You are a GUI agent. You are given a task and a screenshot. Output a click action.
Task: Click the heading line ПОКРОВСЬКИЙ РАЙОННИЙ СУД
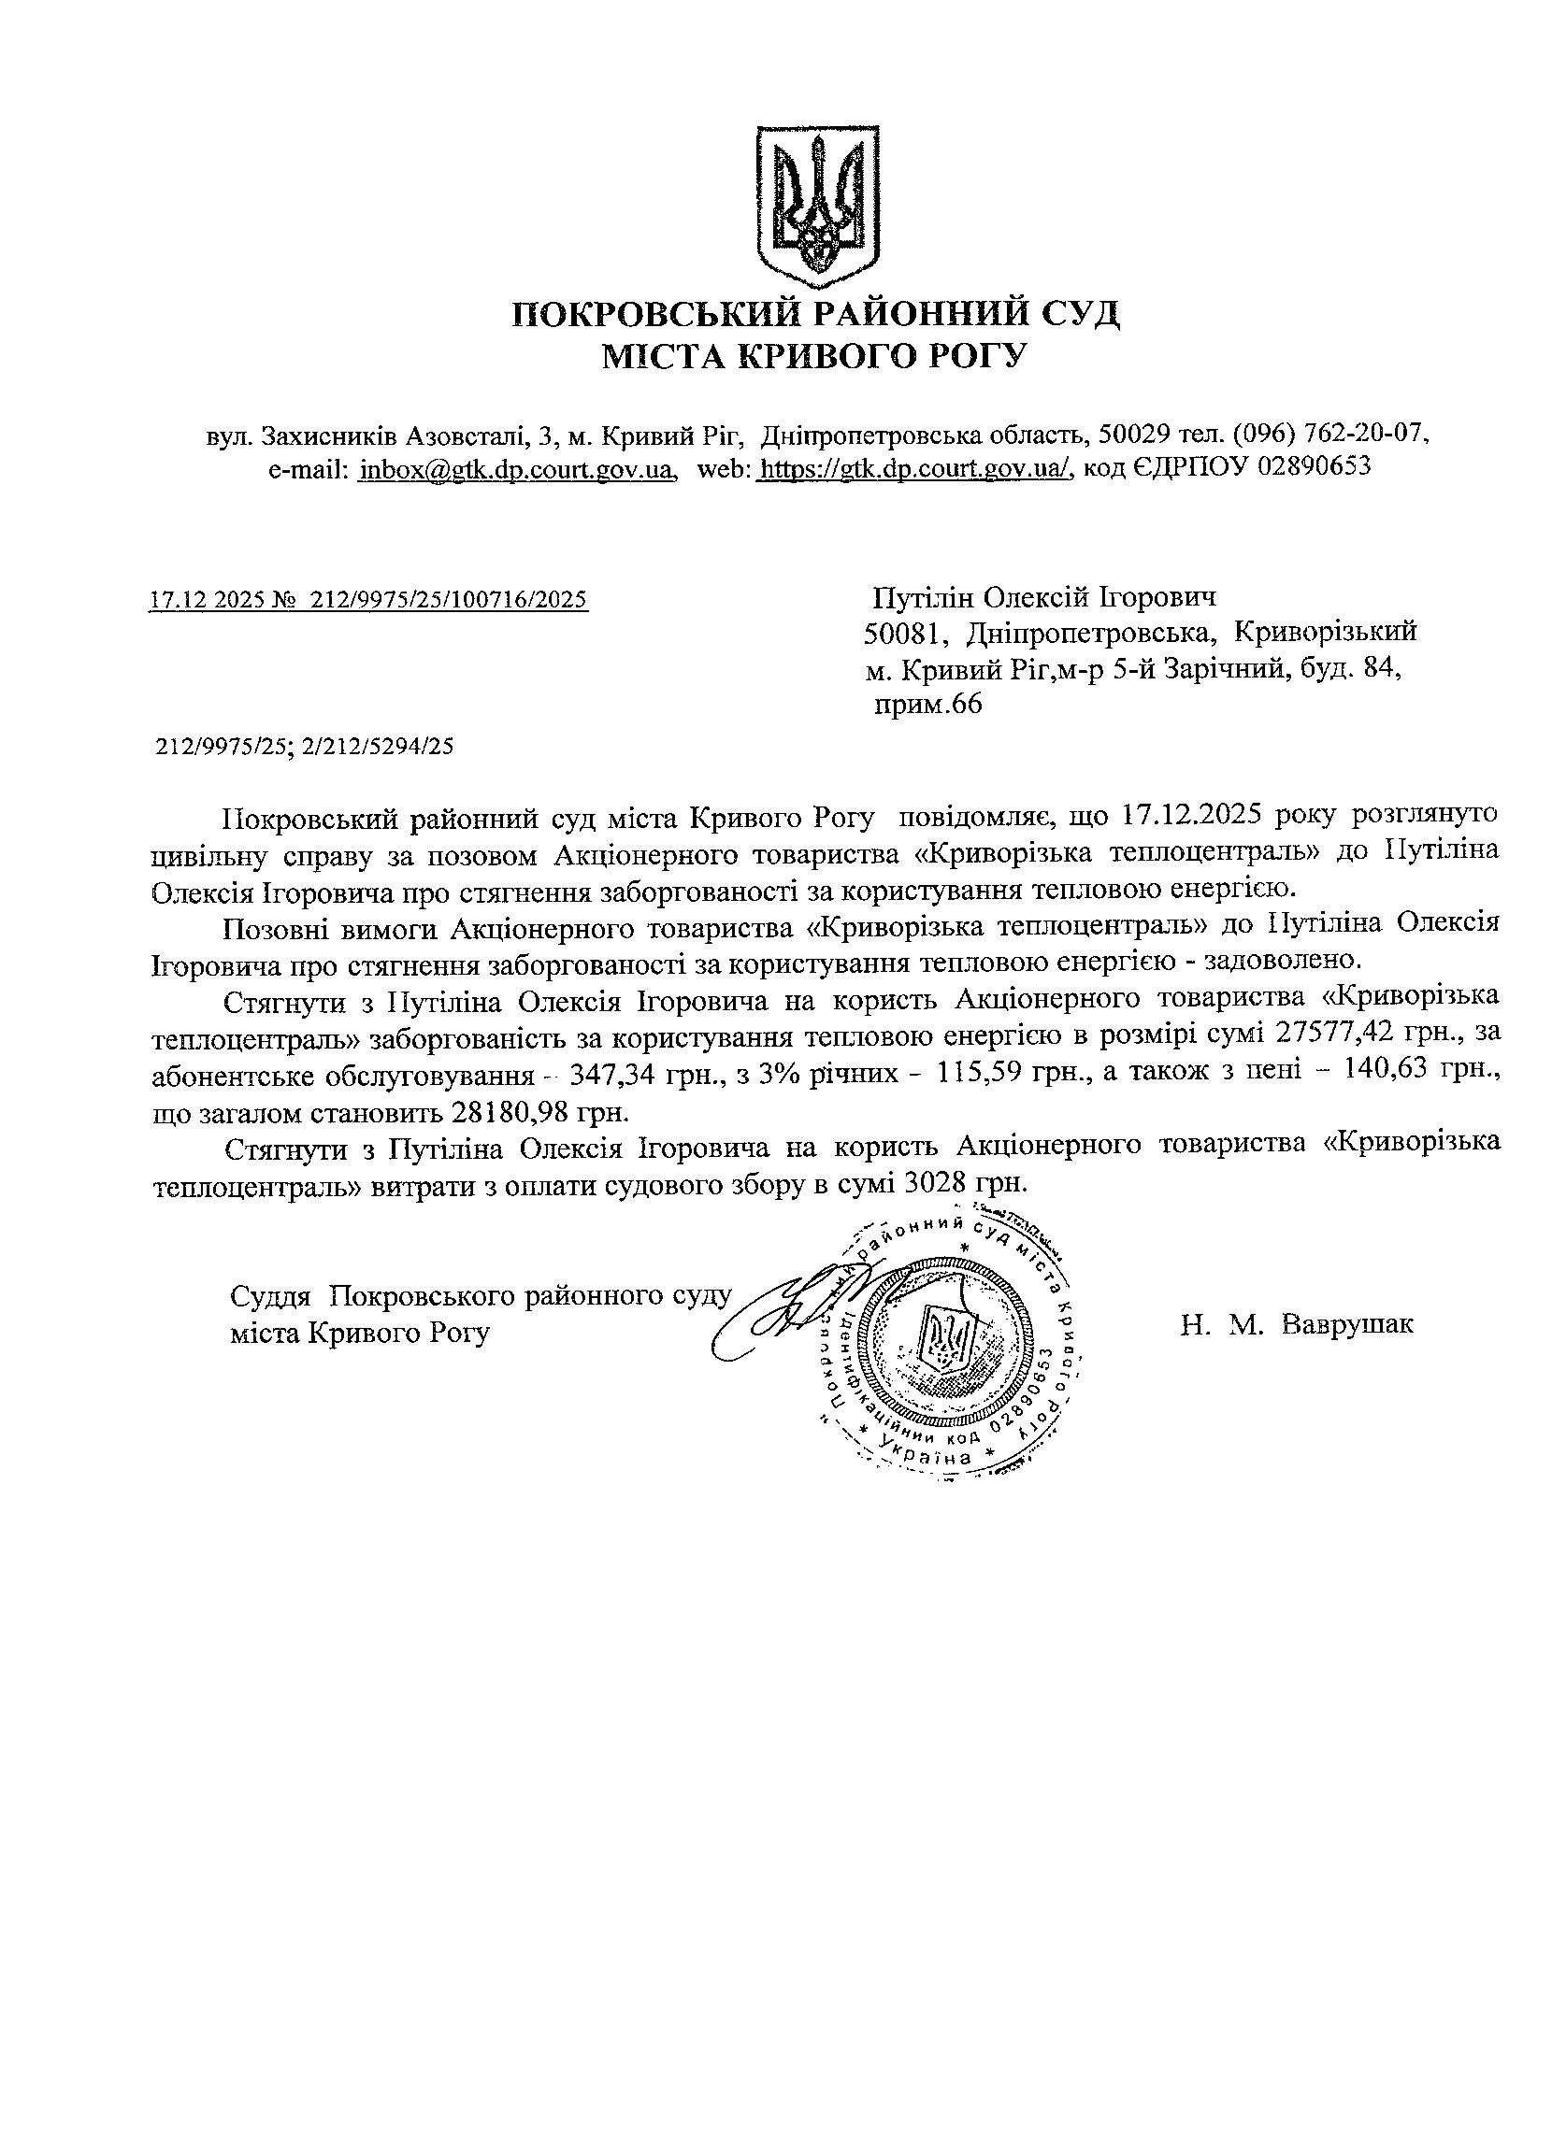[x=815, y=314]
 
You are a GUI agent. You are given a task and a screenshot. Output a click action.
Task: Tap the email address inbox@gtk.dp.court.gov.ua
[x=516, y=468]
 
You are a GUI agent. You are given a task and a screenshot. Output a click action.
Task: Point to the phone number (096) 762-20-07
[x=1330, y=435]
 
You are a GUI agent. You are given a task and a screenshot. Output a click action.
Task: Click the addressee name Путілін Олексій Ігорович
[x=1044, y=598]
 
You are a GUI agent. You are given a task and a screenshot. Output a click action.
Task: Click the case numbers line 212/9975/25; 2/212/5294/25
[x=304, y=747]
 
